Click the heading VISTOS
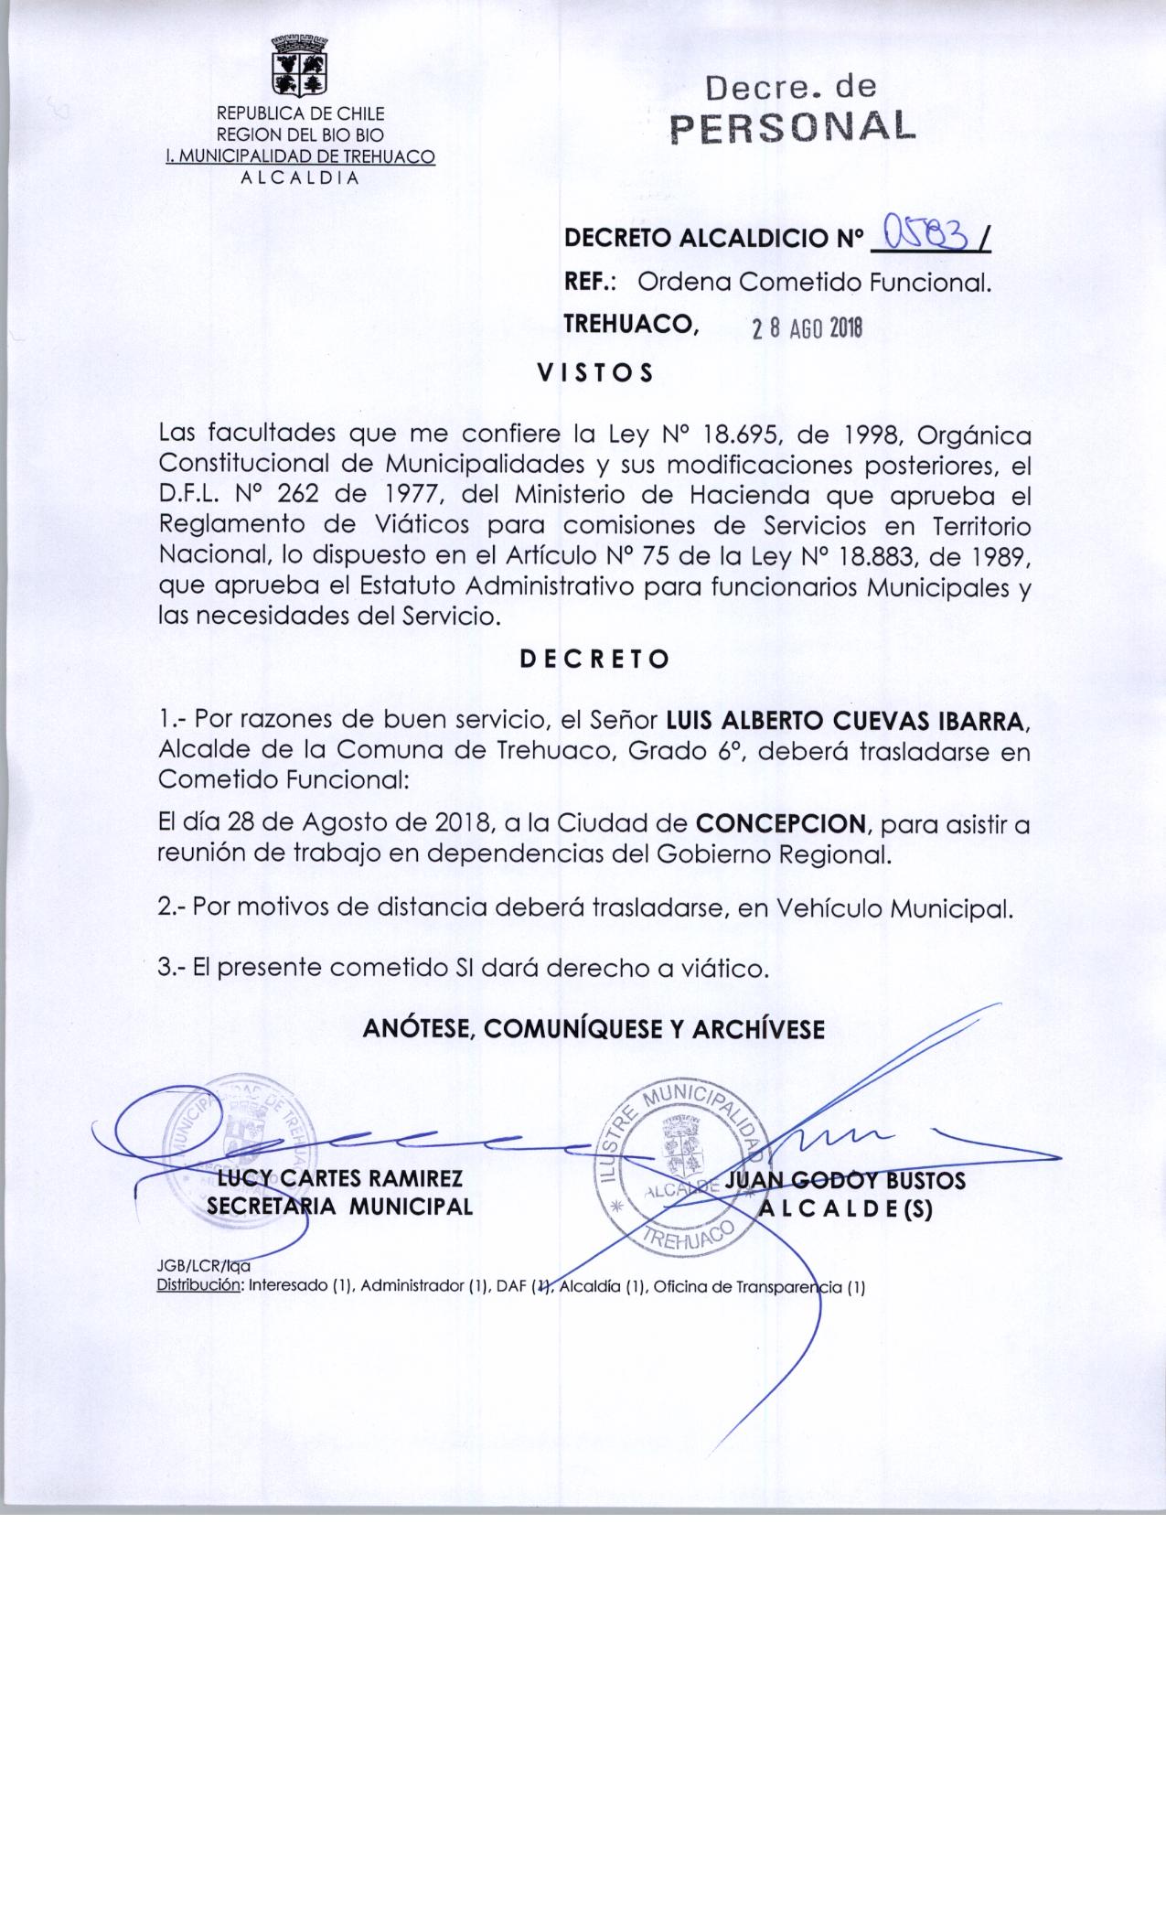tap(594, 373)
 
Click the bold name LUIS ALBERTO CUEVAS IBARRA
tap(848, 721)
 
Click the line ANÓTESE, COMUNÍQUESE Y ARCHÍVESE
tap(594, 1029)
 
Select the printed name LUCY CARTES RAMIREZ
tap(333, 1178)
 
